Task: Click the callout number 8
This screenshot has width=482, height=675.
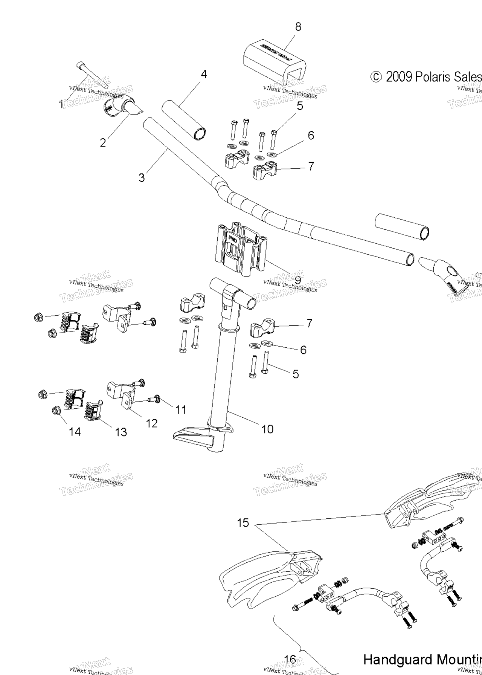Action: [x=298, y=27]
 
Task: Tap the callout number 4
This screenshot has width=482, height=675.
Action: [x=204, y=74]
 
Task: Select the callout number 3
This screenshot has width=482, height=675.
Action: [x=141, y=177]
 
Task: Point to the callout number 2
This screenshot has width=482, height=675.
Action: [x=103, y=143]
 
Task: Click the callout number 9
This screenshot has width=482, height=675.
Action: [x=297, y=280]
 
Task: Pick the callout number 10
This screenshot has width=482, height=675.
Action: [x=267, y=429]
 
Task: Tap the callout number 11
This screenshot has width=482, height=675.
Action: [x=181, y=410]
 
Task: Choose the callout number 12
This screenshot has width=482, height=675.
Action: [x=151, y=423]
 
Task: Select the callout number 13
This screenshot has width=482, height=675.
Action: [x=121, y=432]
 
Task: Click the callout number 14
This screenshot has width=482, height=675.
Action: [x=75, y=432]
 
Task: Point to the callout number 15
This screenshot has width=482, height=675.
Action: [x=243, y=523]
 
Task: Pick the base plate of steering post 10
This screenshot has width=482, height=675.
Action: [x=196, y=437]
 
